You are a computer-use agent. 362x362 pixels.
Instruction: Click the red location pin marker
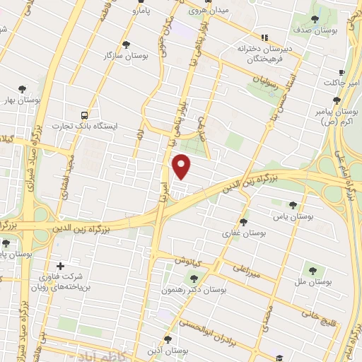(x=182, y=166)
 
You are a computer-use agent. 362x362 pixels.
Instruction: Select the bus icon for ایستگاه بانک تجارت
(x=85, y=114)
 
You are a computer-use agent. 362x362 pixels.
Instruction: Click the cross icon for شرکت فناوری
(x=60, y=266)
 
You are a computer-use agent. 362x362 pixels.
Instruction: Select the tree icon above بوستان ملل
(x=312, y=269)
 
